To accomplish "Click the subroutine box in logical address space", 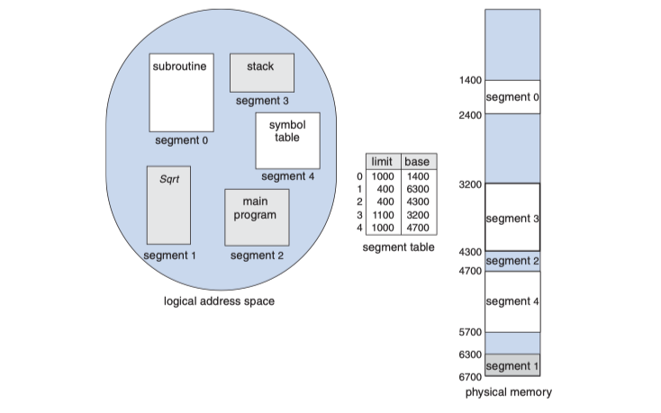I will coord(181,93).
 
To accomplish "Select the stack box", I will coord(261,72).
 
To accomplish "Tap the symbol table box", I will coord(287,140).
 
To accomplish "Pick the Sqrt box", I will coord(168,205).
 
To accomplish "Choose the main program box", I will coord(257,217).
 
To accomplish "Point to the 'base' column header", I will coord(417,161).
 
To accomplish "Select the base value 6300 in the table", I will coord(417,189).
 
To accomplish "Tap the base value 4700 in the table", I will coord(417,229).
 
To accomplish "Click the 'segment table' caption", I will coord(398,247).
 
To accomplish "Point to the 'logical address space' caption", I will coord(219,301).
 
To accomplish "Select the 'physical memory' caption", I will coord(508,393).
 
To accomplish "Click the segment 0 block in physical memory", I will coord(512,97).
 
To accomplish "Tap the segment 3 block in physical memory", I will coord(512,218).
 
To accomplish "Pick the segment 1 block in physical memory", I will coord(512,365).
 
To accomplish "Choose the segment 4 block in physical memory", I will coord(512,301).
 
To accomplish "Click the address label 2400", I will coord(470,115).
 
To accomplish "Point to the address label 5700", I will coord(470,333).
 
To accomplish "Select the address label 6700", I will coord(470,376).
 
